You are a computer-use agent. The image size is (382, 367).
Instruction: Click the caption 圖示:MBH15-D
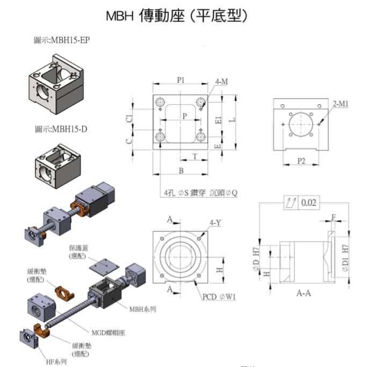coord(61,129)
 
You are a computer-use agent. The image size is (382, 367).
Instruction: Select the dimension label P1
coord(181,80)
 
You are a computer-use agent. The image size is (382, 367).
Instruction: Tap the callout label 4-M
coord(221,82)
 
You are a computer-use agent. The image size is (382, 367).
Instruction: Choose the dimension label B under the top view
coord(181,171)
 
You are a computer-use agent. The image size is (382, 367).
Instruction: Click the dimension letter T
coord(194,155)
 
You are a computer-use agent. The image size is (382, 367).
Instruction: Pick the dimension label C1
coord(128,119)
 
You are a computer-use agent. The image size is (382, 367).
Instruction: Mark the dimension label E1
coord(218,120)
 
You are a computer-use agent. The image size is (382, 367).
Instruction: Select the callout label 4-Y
coord(215,222)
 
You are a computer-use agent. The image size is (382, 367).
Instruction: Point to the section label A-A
coord(305,294)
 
